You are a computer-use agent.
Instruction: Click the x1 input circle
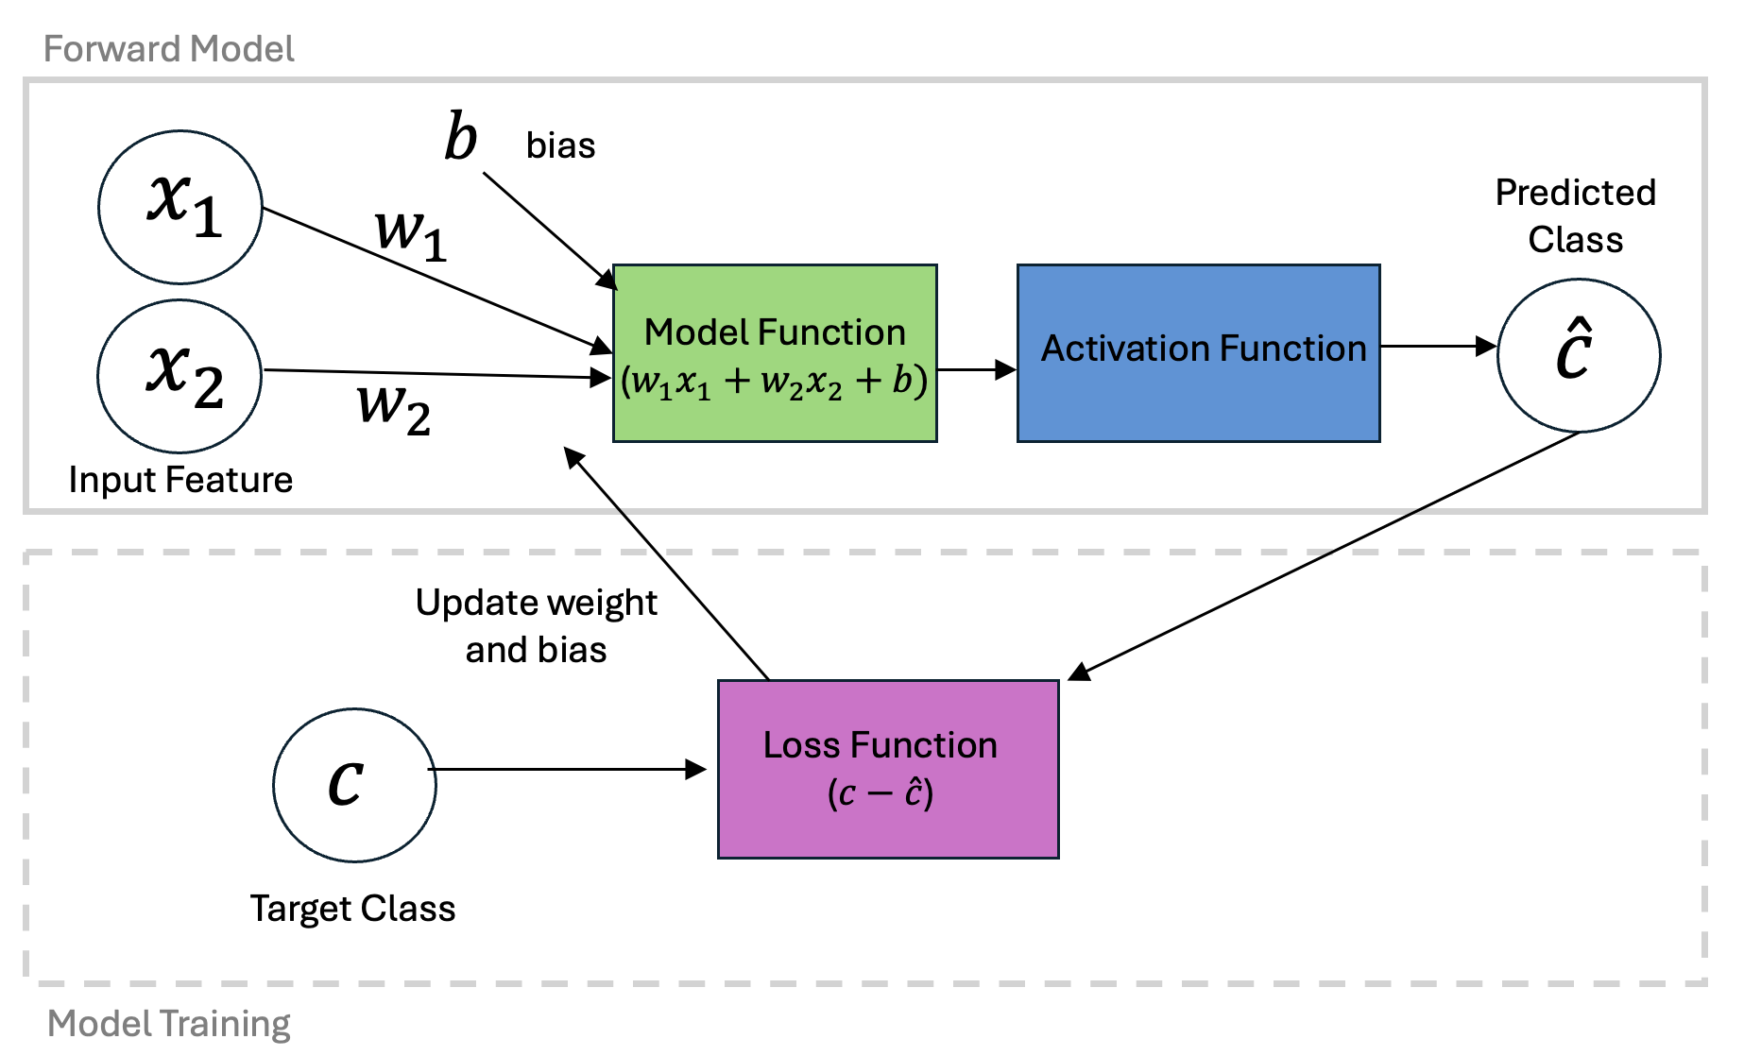tap(180, 207)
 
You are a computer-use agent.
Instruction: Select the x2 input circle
tap(180, 376)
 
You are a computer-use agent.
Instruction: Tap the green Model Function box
tap(775, 353)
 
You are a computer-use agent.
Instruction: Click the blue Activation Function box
tap(1198, 353)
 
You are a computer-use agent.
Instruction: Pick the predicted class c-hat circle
tap(1579, 355)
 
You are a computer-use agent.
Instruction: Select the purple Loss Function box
tap(888, 769)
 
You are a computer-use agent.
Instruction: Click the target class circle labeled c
tap(354, 785)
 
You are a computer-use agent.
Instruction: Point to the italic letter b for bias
tap(461, 138)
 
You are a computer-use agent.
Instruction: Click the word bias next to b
tap(560, 146)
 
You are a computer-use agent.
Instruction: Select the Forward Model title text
tap(169, 49)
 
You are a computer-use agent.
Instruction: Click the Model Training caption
tap(169, 1024)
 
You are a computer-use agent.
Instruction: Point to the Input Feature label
tap(180, 480)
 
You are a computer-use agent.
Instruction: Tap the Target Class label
tap(352, 909)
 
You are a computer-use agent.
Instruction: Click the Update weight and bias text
tap(536, 626)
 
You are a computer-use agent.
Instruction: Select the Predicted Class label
tap(1575, 216)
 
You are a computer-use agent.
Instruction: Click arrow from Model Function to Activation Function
tap(977, 370)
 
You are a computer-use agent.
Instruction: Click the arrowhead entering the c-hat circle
tap(1486, 347)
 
